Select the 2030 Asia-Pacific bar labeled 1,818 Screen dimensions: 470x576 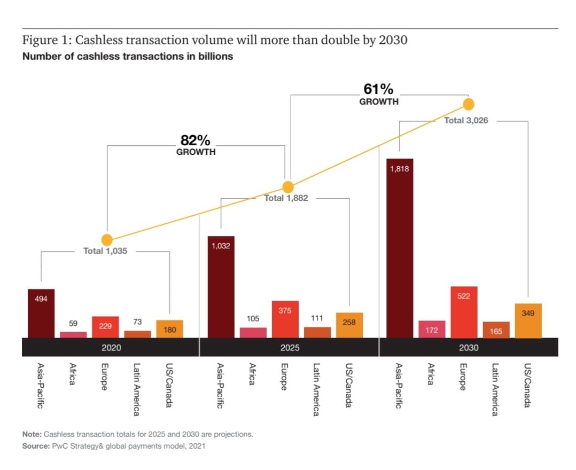coord(400,248)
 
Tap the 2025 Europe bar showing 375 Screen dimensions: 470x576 coord(285,319)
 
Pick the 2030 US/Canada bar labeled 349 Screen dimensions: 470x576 coord(528,320)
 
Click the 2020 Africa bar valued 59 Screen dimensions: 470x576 coord(73,335)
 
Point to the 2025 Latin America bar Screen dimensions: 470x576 coord(317,332)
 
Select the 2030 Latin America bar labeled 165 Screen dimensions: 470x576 coord(496,330)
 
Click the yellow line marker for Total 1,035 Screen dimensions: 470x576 coord(107,240)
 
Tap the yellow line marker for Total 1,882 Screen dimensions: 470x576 coord(288,187)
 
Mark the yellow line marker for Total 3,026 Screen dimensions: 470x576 coord(469,104)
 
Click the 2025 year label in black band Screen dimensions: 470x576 coord(289,347)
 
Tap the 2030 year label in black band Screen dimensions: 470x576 coord(469,347)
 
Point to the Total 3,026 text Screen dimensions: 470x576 coord(466,121)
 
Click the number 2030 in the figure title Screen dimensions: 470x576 coord(393,40)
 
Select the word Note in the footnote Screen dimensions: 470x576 coord(32,434)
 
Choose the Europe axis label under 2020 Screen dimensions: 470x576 coord(105,377)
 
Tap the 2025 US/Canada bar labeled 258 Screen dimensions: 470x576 coord(349,325)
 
